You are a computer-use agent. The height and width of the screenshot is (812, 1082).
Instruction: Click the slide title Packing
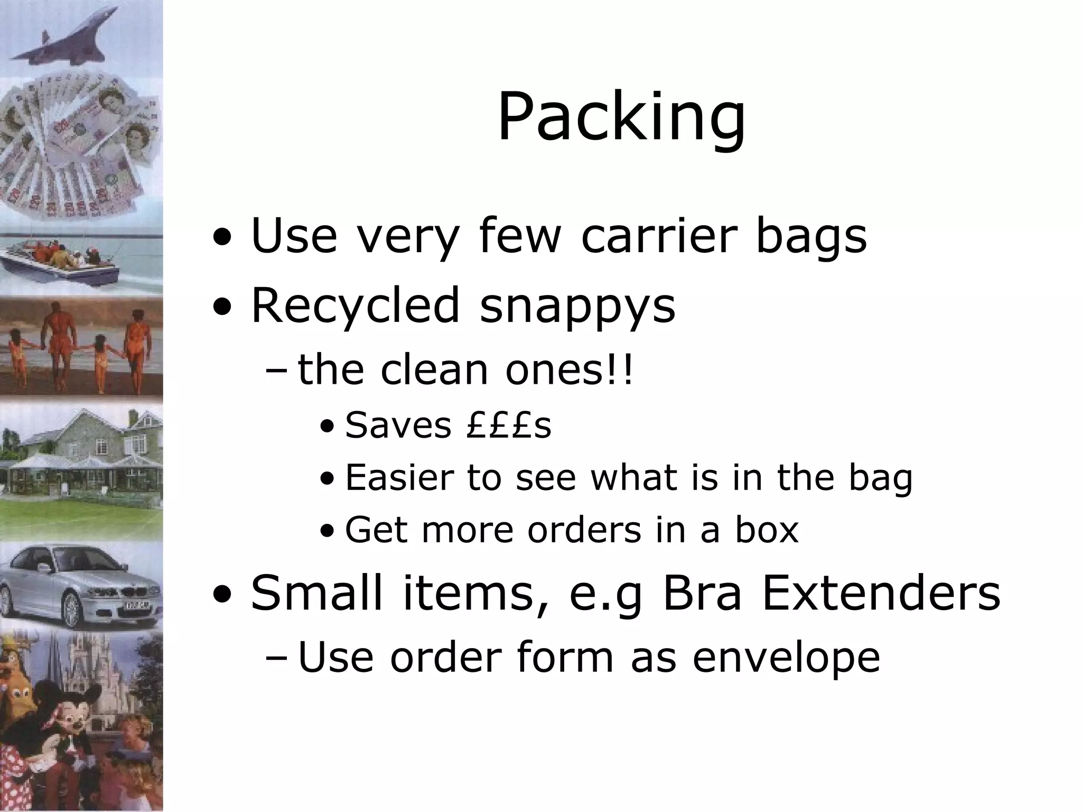621,117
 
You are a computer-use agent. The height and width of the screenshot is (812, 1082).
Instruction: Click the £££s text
509,425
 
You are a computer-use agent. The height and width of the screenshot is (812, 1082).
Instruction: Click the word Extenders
881,593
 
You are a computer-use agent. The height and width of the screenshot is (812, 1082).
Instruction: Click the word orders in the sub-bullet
584,530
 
